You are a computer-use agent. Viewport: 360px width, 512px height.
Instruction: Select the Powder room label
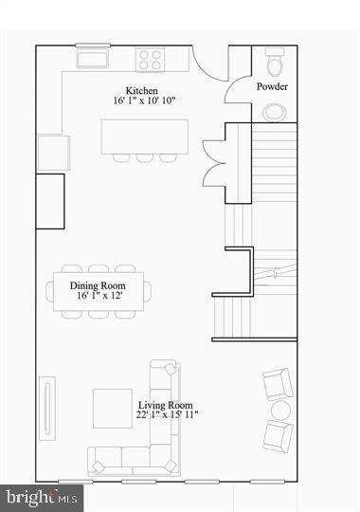point(273,87)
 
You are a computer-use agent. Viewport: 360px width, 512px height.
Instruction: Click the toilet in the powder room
point(275,63)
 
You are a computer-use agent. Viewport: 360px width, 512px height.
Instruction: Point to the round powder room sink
point(275,112)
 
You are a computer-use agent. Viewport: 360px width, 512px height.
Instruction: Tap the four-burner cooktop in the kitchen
point(151,60)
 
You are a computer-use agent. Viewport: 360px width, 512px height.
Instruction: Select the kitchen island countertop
point(144,135)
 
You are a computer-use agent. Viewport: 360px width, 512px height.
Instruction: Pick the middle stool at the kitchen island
point(144,157)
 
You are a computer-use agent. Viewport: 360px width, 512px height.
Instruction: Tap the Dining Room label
point(99,284)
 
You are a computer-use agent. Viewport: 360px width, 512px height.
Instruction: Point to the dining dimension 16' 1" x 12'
point(99,296)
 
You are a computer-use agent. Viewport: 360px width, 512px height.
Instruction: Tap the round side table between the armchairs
point(280,411)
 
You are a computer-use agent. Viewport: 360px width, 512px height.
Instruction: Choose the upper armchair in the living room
point(277,384)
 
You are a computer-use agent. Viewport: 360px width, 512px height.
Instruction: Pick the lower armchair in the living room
point(277,436)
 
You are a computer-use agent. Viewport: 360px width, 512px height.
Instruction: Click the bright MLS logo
point(43,496)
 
